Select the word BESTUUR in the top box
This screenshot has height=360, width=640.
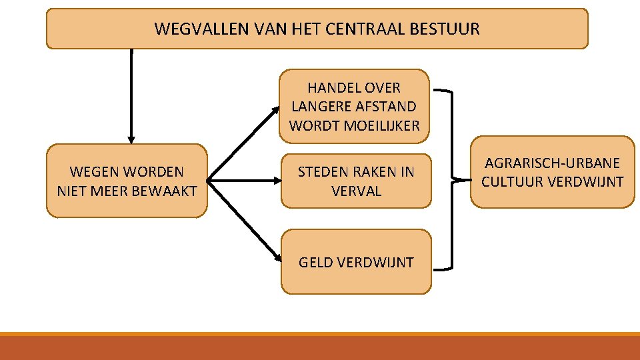[x=449, y=29]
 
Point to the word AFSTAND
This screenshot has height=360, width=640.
[x=388, y=106]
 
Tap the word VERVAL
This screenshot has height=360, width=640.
[x=356, y=191]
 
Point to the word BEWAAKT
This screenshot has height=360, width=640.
[x=165, y=191]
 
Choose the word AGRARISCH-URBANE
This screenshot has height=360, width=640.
[x=552, y=163]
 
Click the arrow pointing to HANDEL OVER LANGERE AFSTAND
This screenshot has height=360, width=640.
[x=243, y=143]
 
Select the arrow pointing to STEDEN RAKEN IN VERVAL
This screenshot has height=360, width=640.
[x=243, y=180]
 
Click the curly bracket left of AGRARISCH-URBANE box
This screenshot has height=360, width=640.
[x=453, y=180]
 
